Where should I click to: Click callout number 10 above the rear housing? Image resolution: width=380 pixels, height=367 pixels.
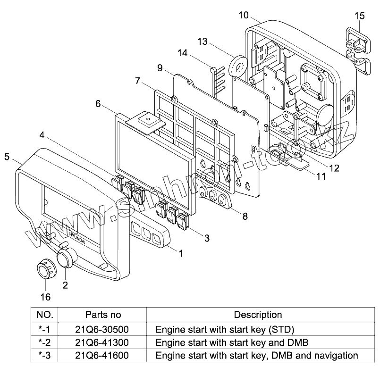(x=243, y=16)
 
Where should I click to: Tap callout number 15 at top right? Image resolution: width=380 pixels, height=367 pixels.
(x=359, y=16)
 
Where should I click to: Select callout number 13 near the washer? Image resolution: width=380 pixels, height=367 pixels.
(x=202, y=42)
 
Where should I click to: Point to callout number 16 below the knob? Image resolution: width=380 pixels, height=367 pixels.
(x=46, y=297)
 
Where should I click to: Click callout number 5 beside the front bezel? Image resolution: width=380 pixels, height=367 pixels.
(x=7, y=157)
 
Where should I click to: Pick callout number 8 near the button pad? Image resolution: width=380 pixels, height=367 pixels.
(x=245, y=217)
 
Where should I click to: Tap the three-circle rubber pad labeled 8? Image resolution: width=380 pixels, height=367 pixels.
(x=215, y=197)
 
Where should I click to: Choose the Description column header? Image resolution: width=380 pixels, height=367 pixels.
(x=258, y=315)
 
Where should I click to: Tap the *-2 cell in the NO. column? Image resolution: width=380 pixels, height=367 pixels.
(x=45, y=342)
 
